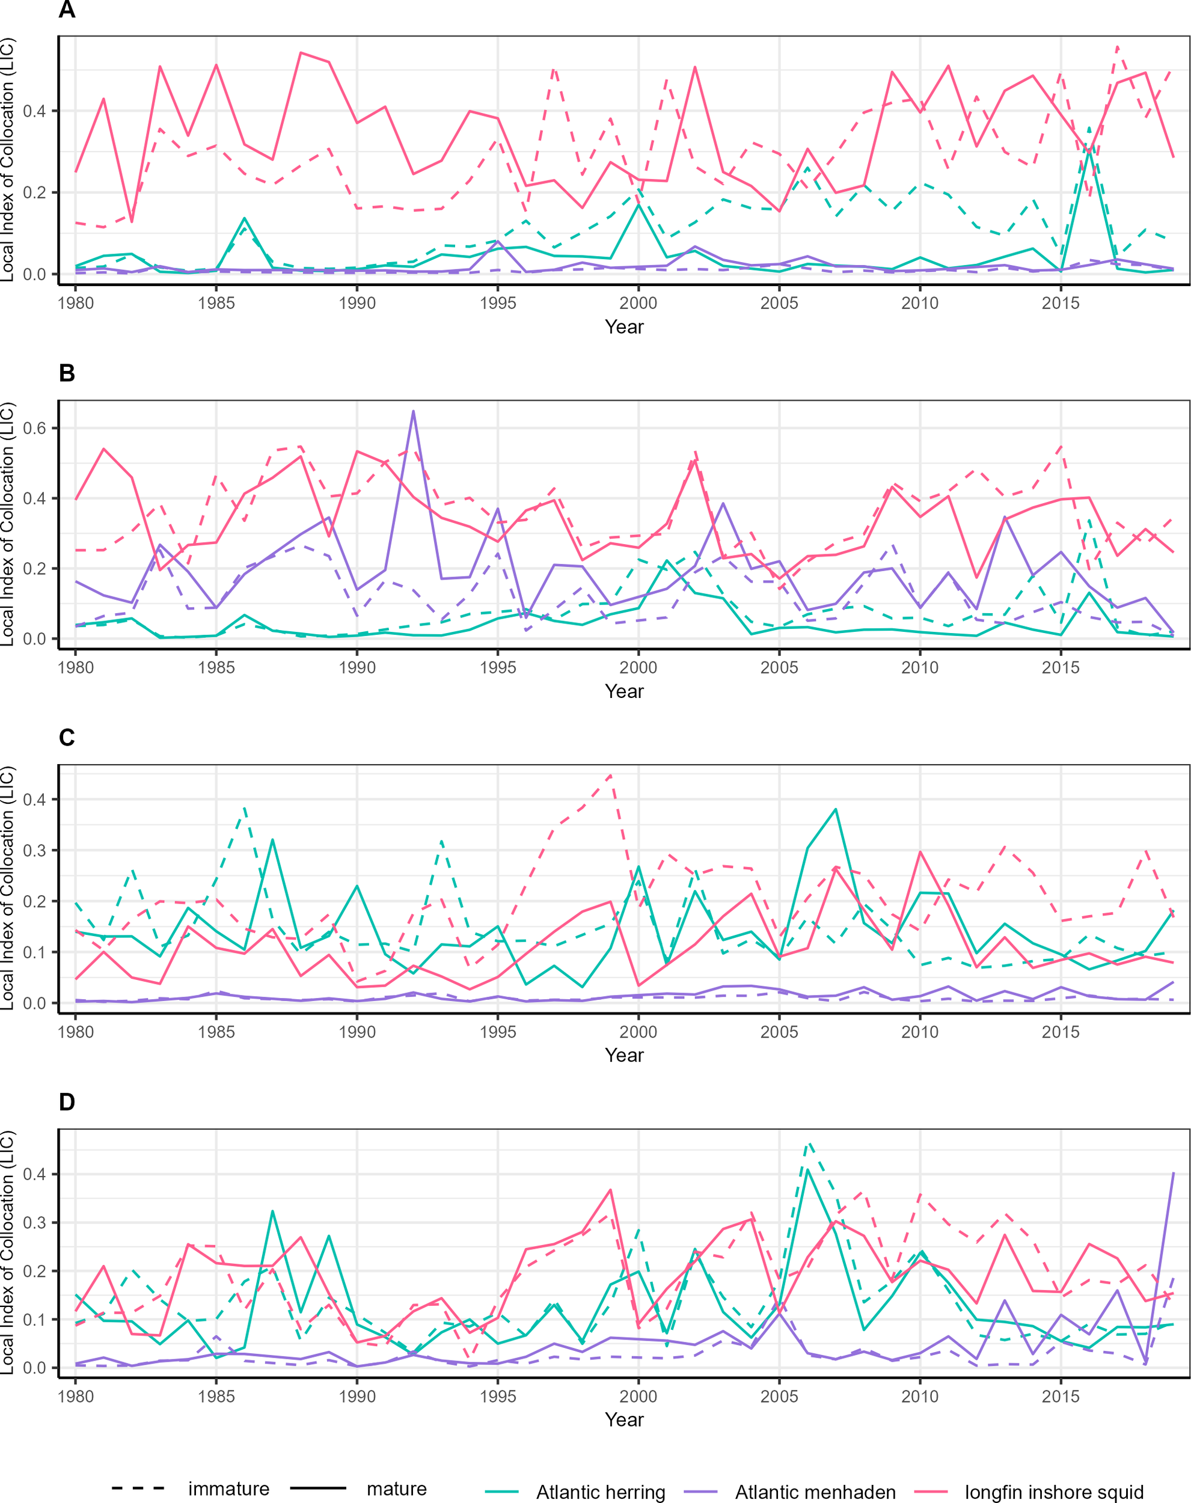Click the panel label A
67,10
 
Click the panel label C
67,738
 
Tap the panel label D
67,1102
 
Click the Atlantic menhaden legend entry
815,1492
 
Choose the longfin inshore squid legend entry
1054,1492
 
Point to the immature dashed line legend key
138,1489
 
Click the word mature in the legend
396,1489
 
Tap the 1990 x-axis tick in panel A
357,303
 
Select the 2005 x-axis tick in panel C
779,1032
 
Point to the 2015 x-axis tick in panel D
1060,1397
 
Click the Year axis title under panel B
624,691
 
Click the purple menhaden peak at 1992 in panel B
414,411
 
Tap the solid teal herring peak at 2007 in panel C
835,810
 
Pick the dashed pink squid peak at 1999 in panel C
611,775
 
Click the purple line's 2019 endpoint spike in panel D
1173,1174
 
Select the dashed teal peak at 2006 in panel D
807,1144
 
